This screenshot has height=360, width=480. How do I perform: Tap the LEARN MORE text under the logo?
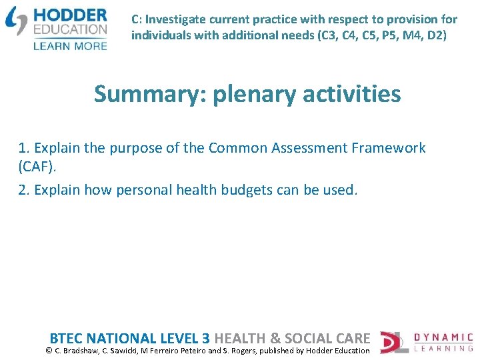[70, 45]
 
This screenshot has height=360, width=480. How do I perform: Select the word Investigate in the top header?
[175, 20]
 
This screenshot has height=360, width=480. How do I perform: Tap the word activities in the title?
[352, 94]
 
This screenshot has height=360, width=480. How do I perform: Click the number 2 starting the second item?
[23, 190]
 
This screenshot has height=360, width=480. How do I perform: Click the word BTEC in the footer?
[67, 338]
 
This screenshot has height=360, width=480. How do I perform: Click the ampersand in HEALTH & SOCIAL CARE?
[275, 338]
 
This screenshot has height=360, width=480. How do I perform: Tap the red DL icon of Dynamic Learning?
[393, 342]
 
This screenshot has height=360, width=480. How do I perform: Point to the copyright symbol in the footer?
[49, 351]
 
